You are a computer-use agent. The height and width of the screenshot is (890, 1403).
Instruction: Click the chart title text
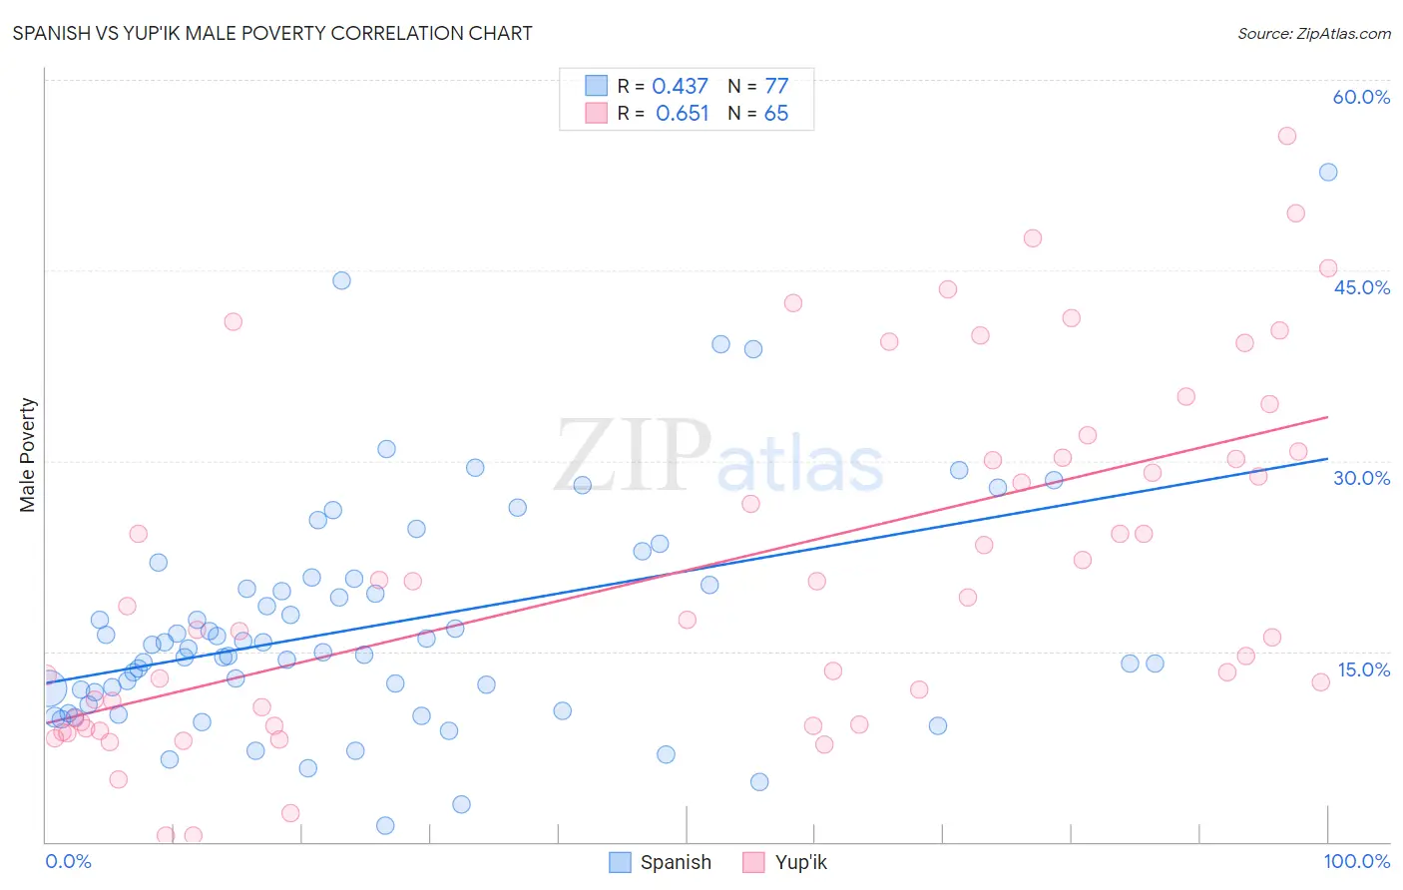point(272,33)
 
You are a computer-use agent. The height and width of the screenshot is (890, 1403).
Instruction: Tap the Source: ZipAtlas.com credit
point(1313,33)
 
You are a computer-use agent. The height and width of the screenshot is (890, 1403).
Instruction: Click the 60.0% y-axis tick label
point(1361,97)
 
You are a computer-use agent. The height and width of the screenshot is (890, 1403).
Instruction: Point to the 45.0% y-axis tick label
point(1361,287)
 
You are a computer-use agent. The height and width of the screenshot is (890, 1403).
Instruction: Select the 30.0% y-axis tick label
point(1361,478)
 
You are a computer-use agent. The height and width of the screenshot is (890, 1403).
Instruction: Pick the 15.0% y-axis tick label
point(1363,669)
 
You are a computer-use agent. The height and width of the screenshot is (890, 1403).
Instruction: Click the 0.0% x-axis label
point(68,861)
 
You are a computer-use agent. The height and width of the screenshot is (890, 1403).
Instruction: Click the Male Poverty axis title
point(28,455)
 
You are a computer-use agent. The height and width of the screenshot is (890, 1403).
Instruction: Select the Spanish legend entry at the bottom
point(661,862)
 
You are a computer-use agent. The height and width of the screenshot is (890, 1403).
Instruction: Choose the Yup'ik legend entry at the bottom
point(786,862)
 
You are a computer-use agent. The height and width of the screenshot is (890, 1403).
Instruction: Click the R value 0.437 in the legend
point(680,87)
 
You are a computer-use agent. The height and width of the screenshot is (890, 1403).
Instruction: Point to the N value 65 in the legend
point(775,114)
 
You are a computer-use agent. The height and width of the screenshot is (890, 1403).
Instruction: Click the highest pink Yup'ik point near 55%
point(1287,136)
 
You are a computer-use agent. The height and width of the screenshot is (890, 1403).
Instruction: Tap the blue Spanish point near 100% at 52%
point(1328,172)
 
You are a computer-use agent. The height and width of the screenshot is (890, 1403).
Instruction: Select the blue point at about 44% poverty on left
point(341,280)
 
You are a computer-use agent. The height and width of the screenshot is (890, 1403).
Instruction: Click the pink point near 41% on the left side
point(233,321)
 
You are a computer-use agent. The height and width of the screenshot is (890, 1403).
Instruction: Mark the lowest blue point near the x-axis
point(385,825)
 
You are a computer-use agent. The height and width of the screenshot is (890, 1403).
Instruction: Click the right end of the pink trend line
point(1328,417)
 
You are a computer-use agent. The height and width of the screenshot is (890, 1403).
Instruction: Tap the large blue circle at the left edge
point(50,688)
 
